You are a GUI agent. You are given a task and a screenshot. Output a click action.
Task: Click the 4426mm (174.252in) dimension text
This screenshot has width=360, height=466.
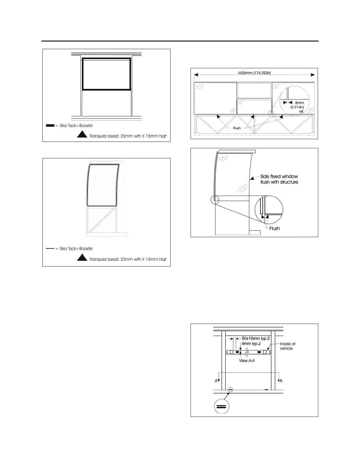pyautogui.click(x=254, y=73)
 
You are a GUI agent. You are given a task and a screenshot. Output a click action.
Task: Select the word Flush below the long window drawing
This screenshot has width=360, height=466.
pyautogui.click(x=237, y=128)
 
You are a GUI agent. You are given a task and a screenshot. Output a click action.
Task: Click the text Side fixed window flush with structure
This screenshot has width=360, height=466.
pyautogui.click(x=279, y=179)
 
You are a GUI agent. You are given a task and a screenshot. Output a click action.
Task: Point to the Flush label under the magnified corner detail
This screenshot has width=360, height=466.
pyautogui.click(x=274, y=228)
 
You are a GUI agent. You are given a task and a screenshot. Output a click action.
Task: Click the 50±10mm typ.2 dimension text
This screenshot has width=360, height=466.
pyautogui.click(x=254, y=339)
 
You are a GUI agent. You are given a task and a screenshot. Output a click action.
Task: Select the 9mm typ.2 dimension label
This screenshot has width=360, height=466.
pyautogui.click(x=251, y=344)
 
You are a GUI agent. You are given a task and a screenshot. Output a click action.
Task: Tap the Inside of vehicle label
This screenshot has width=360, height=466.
pyautogui.click(x=287, y=346)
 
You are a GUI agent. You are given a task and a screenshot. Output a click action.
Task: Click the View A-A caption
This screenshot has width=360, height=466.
pyautogui.click(x=246, y=360)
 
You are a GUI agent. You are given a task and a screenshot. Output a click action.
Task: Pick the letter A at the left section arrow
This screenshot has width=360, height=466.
pyautogui.click(x=216, y=381)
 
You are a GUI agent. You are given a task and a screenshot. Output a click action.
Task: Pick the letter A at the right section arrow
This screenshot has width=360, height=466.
pyautogui.click(x=281, y=381)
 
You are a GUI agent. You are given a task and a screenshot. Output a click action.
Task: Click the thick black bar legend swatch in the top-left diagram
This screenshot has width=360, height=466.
pyautogui.click(x=50, y=126)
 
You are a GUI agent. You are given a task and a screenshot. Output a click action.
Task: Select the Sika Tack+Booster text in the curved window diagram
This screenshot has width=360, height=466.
pyautogui.click(x=76, y=249)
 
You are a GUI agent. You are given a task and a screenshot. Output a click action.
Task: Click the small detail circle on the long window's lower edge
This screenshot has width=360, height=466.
pyautogui.click(x=272, y=113)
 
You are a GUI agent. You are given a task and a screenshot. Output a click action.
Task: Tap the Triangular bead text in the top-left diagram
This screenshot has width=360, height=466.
pyautogui.click(x=128, y=136)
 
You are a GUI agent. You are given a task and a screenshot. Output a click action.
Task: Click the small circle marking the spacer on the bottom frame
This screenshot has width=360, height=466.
pyautogui.click(x=230, y=390)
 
